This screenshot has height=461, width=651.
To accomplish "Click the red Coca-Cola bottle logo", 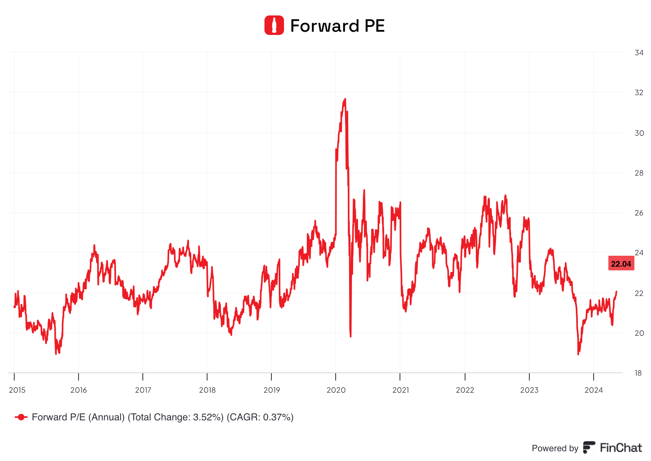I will pyautogui.click(x=274, y=25).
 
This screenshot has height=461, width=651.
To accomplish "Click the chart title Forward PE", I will pyautogui.click(x=337, y=26).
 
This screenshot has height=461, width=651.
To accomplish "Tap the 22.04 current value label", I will pyautogui.click(x=621, y=264).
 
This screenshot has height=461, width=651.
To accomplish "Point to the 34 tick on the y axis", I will pyautogui.click(x=639, y=52).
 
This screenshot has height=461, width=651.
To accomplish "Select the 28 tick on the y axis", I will pyautogui.click(x=639, y=173).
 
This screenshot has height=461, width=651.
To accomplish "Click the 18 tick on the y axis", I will pyautogui.click(x=639, y=373).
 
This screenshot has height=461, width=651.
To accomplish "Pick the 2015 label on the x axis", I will pyautogui.click(x=17, y=390).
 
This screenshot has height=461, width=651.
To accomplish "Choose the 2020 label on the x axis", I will pyautogui.click(x=336, y=390).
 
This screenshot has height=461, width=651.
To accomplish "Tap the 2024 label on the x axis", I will pyautogui.click(x=594, y=390).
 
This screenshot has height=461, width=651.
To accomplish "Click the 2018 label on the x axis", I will pyautogui.click(x=208, y=390).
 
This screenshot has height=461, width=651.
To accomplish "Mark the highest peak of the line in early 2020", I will pyautogui.click(x=345, y=99).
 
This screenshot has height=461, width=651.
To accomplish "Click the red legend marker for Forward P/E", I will pyautogui.click(x=21, y=417).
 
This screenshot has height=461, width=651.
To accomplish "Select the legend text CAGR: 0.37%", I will pyautogui.click(x=260, y=417).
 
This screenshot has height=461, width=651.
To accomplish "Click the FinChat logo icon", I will pyautogui.click(x=589, y=448).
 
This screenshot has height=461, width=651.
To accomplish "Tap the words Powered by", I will pyautogui.click(x=555, y=448).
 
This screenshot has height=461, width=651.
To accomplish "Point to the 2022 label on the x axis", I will pyautogui.click(x=465, y=390).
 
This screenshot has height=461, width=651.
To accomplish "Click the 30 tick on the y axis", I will pyautogui.click(x=639, y=133).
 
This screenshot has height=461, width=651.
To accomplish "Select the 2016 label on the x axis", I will pyautogui.click(x=79, y=390).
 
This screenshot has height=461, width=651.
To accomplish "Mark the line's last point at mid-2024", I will pyautogui.click(x=616, y=291).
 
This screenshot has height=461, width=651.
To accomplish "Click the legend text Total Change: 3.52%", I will pyautogui.click(x=176, y=417).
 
